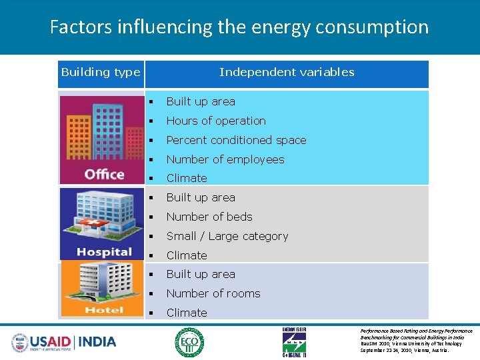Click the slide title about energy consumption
(239, 27)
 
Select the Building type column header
(101, 72)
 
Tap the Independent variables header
(287, 72)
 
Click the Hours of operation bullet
(215, 121)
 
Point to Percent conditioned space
(236, 140)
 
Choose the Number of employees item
(225, 159)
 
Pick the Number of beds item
(209, 217)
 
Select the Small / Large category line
(227, 236)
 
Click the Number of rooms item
(213, 293)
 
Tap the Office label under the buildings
(104, 175)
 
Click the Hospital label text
(104, 251)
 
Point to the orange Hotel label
(104, 309)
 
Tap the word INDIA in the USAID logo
(97, 342)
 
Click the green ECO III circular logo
(190, 342)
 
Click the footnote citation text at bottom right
(416, 340)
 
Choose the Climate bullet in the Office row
(186, 178)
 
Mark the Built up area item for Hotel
(200, 274)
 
